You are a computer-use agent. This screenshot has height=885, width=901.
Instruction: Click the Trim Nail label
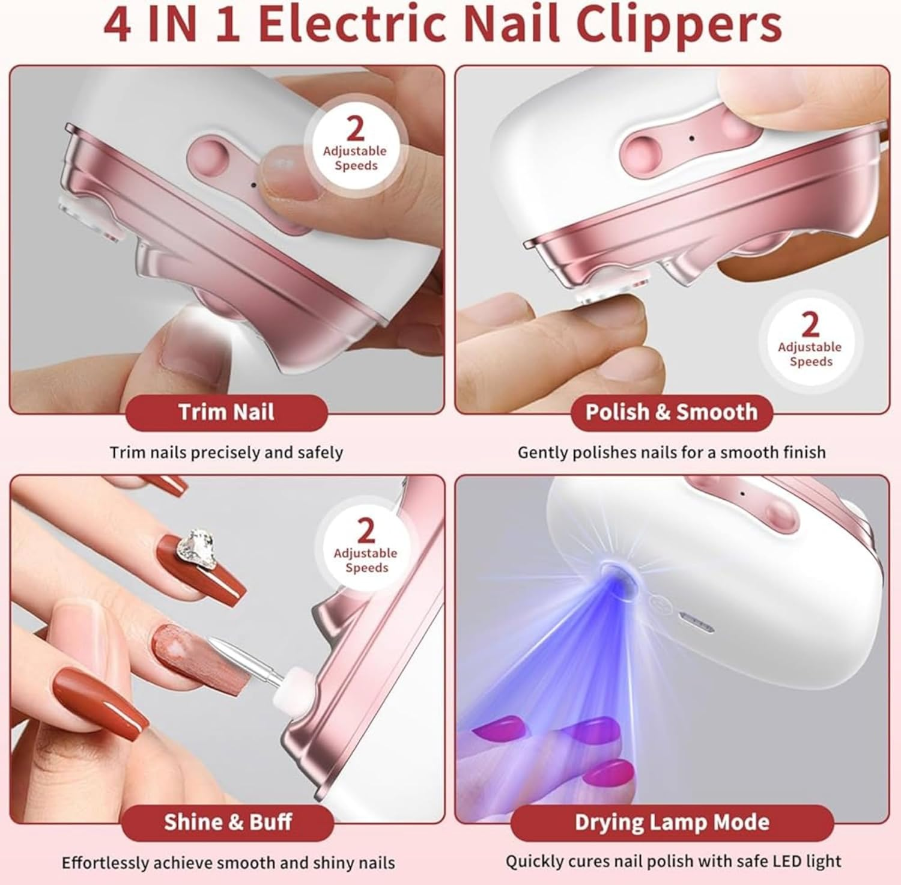click(226, 413)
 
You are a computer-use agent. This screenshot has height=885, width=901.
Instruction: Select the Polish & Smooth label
click(672, 413)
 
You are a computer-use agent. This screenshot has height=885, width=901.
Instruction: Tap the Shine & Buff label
click(228, 822)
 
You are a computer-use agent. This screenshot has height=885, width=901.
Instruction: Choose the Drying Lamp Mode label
click(672, 822)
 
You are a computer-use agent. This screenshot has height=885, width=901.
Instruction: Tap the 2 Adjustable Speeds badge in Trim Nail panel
click(355, 144)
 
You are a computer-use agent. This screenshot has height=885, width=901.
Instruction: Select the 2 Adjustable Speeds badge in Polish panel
click(810, 339)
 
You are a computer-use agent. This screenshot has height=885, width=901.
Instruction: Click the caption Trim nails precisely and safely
click(226, 452)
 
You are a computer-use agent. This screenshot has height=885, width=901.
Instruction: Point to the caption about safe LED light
click(673, 862)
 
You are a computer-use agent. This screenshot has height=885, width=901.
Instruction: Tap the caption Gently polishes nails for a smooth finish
click(672, 452)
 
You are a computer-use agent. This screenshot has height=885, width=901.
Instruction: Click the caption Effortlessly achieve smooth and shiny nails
click(228, 863)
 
